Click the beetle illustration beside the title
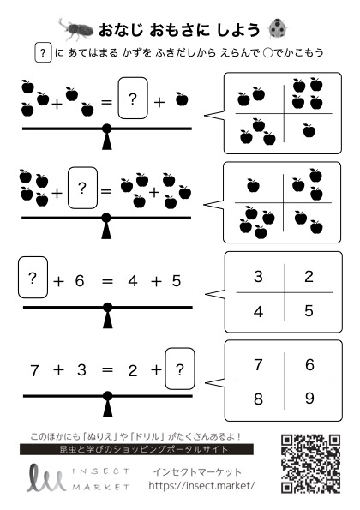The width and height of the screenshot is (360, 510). coord(76,28)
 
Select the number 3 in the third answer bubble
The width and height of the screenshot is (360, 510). coord(258,277)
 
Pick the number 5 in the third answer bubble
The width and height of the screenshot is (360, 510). coord(309,311)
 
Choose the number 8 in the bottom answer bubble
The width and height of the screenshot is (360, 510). coord(258,399)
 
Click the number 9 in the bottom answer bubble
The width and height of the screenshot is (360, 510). coord(309,398)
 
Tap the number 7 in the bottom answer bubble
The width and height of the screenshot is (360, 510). coord(258,364)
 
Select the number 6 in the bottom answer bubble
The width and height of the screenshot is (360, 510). coord(309,364)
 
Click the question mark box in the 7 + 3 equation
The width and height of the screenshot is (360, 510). coord(180,369)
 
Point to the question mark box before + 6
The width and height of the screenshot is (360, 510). coord(33,277)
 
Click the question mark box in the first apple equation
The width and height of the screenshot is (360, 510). coord(133,98)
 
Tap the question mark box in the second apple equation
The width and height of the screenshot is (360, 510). coord(82,188)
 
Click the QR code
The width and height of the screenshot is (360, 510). coord(310,464)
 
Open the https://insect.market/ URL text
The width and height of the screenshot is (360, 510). coord(201,486)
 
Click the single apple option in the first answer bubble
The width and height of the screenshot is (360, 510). coord(309,130)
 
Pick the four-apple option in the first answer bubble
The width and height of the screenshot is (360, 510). coord(308,93)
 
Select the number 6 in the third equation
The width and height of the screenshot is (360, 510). coord(80,281)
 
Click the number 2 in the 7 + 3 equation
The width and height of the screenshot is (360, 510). coord(133,371)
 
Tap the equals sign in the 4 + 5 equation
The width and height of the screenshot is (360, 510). coord(107,281)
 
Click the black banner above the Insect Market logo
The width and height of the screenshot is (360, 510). coord(136,449)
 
